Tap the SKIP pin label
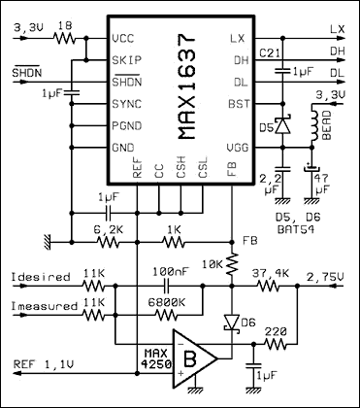pyautogui.click(x=125, y=59)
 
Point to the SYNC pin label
pyautogui.click(x=125, y=102)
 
